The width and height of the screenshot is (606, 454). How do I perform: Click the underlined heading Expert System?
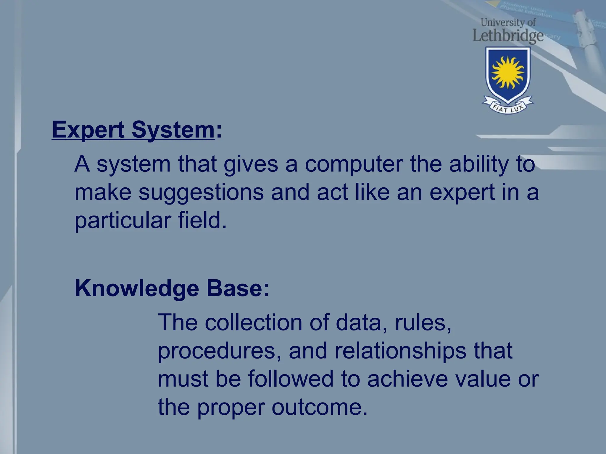point(133,130)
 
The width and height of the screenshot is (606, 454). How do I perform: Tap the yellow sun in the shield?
point(508,73)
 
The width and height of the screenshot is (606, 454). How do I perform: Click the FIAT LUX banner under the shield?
point(508,108)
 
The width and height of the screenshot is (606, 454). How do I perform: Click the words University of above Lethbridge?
point(508,22)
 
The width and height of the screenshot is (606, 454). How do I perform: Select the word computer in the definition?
point(354,164)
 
